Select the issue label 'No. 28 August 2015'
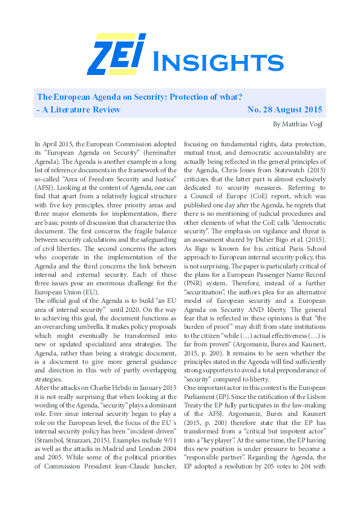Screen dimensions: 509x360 [x=285, y=110]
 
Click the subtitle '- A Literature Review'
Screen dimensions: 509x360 [x=79, y=110]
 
